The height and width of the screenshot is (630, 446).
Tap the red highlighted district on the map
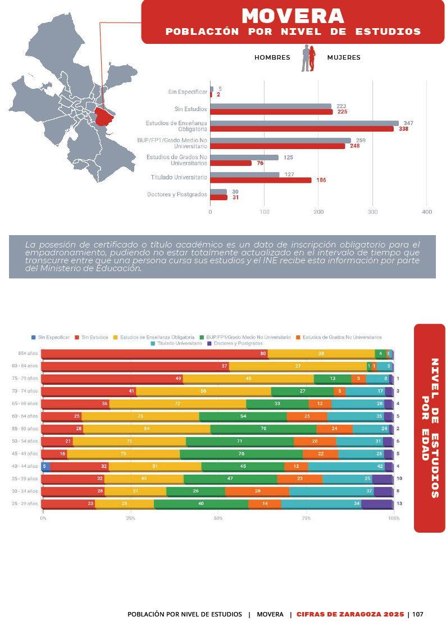104,117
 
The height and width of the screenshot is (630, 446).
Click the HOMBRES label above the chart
272,57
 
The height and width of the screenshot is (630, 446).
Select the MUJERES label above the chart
344,57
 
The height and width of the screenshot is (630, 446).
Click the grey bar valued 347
304,123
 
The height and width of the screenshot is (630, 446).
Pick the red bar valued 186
261,180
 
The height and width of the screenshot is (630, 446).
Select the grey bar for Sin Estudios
271,106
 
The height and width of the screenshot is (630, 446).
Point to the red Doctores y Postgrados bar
219,197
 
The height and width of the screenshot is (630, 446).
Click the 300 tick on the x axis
373,211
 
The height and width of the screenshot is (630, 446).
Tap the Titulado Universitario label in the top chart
179,177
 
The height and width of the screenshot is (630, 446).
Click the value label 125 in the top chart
288,157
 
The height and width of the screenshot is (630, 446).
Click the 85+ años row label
28,354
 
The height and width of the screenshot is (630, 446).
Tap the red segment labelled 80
154,354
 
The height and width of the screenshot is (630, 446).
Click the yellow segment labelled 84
147,429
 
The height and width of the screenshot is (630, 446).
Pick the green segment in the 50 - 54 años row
240,442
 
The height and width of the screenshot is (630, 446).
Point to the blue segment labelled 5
45,466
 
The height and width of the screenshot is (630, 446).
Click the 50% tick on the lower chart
219,517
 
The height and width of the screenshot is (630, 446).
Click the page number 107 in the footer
417,614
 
